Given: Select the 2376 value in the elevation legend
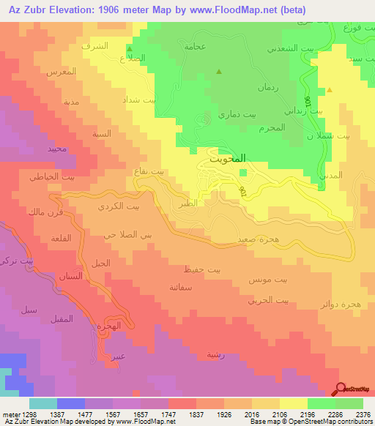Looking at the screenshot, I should click(x=363, y=414).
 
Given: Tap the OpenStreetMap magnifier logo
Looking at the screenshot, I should click(x=341, y=389).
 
